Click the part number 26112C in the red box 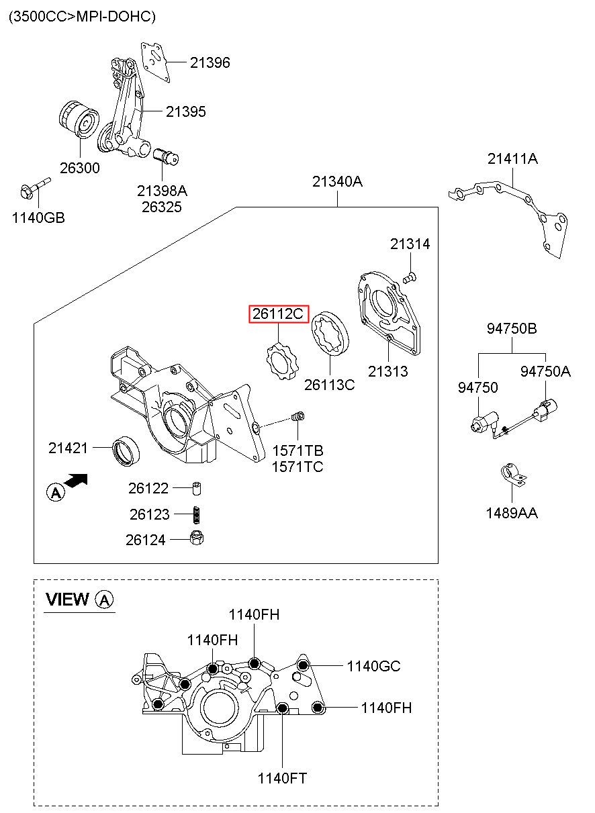[278, 314]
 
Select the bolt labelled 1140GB [35, 189]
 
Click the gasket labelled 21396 [156, 62]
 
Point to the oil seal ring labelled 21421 [126, 452]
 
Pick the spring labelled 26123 [196, 515]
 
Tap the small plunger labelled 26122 [197, 488]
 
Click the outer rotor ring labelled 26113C [330, 332]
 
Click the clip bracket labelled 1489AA [513, 475]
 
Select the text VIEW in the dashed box [67, 599]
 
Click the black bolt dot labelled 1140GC [303, 665]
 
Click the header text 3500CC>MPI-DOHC [82, 17]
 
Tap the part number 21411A [512, 159]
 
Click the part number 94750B [512, 328]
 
